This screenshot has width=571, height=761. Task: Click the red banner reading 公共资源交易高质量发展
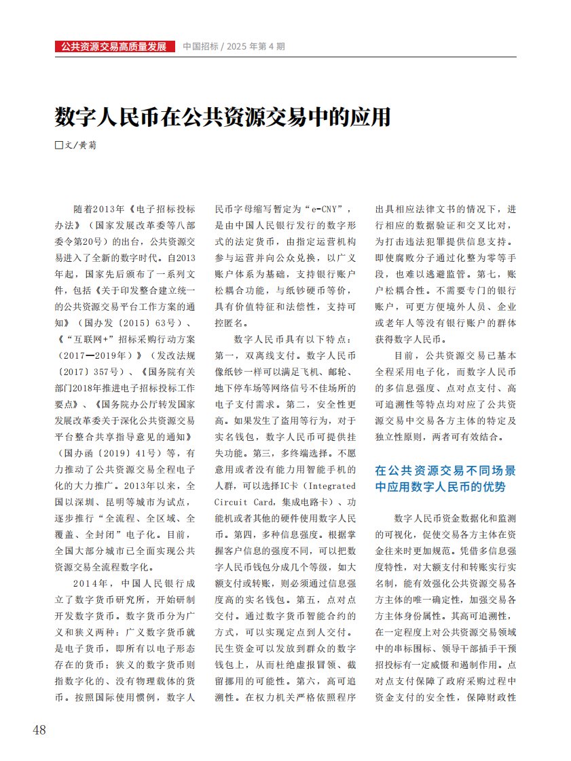tap(113, 47)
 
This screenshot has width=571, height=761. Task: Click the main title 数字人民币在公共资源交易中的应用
tap(223, 117)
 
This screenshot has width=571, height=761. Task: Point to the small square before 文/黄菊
tap(58, 145)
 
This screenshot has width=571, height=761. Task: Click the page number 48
tap(39, 730)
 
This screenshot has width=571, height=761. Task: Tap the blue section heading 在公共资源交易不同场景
tap(445, 469)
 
